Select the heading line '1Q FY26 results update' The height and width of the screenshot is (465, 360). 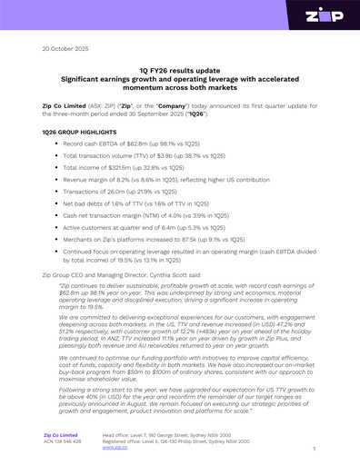(180, 70)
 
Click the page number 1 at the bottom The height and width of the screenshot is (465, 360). (313, 449)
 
